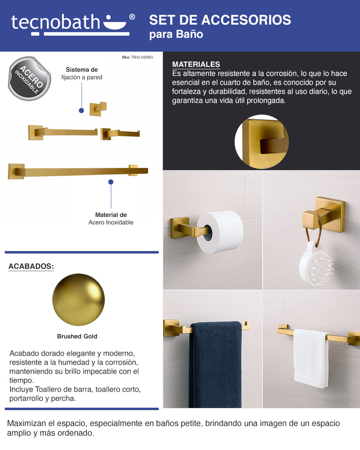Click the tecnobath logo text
click(x=55, y=22)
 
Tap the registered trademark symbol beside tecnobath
click(x=132, y=17)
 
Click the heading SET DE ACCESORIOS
click(x=220, y=20)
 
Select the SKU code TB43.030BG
click(x=142, y=58)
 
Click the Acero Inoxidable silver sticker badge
click(x=29, y=79)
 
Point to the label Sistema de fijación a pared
click(x=82, y=73)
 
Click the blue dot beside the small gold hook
click(x=81, y=110)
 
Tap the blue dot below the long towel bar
click(x=111, y=182)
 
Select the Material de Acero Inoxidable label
click(x=111, y=219)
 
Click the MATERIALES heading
click(x=196, y=64)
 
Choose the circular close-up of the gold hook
click(x=262, y=142)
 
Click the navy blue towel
click(x=215, y=364)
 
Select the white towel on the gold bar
click(x=311, y=358)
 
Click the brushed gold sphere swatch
click(x=78, y=300)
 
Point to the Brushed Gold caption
click(x=77, y=336)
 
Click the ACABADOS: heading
click(x=31, y=266)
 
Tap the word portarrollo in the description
click(x=25, y=399)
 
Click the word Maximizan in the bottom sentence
click(x=26, y=423)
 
